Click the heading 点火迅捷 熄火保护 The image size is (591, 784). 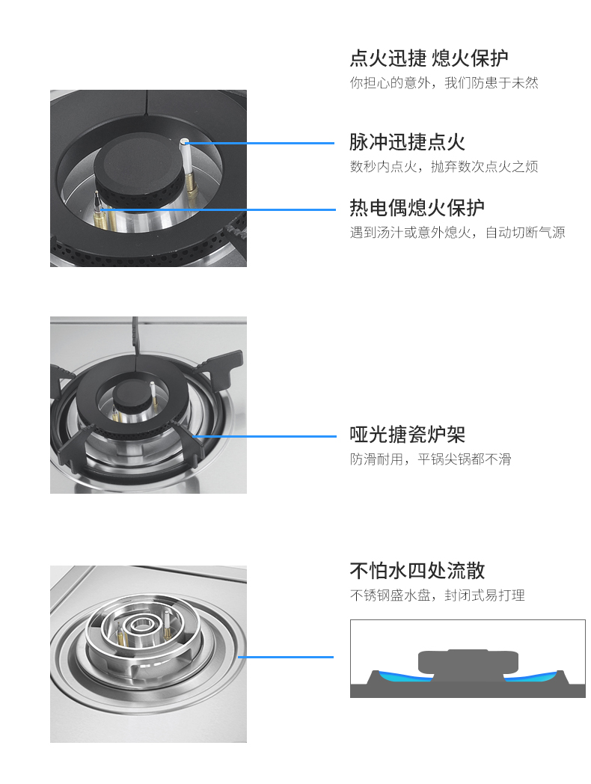pyautogui.click(x=429, y=58)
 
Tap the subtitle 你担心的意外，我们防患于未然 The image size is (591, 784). pyautogui.click(x=444, y=82)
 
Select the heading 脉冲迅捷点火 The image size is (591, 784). pyautogui.click(x=407, y=142)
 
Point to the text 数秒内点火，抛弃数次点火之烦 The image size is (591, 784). pyautogui.click(x=444, y=167)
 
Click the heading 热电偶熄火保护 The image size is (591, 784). pyautogui.click(x=417, y=207)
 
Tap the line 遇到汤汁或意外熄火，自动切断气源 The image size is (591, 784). pyautogui.click(x=458, y=233)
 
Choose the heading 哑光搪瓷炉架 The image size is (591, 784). pyautogui.click(x=407, y=435)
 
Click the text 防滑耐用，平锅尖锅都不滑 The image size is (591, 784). pyautogui.click(x=430, y=459)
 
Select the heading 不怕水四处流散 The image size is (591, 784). pyautogui.click(x=417, y=571)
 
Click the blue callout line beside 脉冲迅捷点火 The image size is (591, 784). pyautogui.click(x=260, y=143)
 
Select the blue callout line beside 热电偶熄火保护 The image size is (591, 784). pyautogui.click(x=218, y=209)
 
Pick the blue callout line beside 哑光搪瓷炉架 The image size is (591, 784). pyautogui.click(x=265, y=436)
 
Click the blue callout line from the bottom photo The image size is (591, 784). pyautogui.click(x=286, y=657)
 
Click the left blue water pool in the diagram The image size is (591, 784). pyautogui.click(x=405, y=676)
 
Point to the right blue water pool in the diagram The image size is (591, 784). pyautogui.click(x=531, y=676)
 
